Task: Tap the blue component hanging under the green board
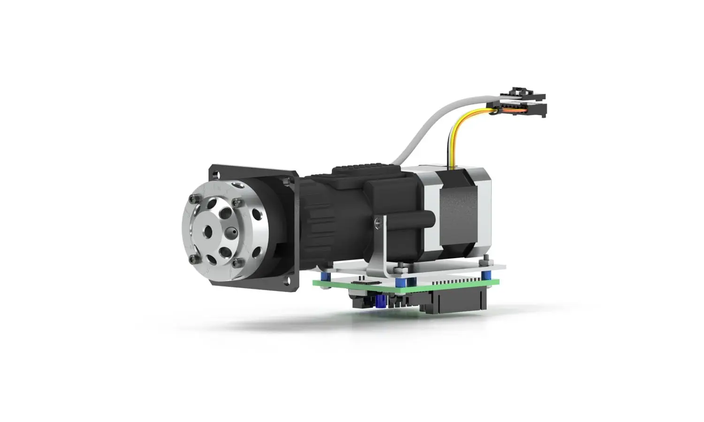380,301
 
